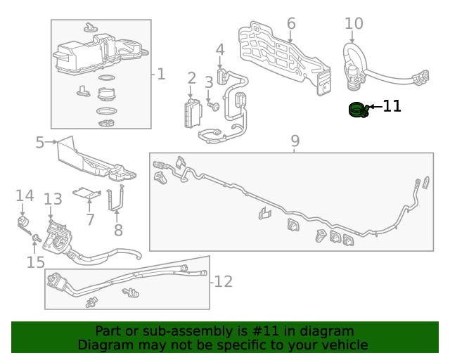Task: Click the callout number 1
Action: [x=161, y=74]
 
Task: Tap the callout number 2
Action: [x=191, y=78]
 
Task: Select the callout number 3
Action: [x=209, y=83]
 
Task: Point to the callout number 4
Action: [x=220, y=50]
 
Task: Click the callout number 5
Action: [x=40, y=143]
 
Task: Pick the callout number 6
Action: [x=291, y=24]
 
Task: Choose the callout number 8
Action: [x=118, y=229]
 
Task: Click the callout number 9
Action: [x=295, y=141]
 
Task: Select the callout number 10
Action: [x=354, y=24]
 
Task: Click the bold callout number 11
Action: [x=392, y=106]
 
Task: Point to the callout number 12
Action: [x=223, y=281]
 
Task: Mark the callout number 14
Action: [x=25, y=195]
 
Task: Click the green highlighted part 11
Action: [x=359, y=110]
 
